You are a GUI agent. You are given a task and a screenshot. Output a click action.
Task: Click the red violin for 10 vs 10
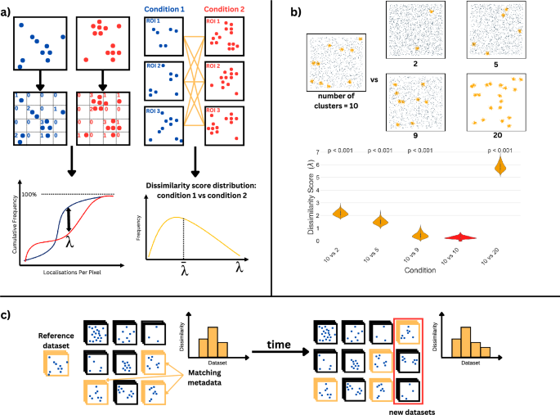pos(462,237)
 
